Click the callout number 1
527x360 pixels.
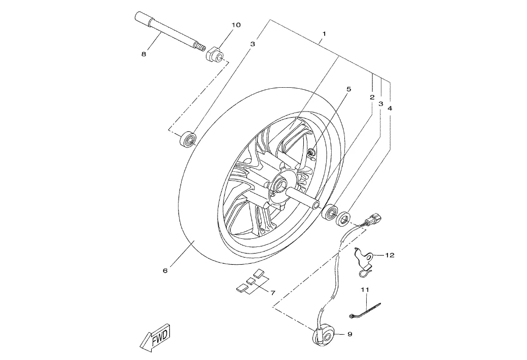coord(324,33)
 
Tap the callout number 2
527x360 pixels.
coord(372,97)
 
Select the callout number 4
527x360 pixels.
coord(390,108)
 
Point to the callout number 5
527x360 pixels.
coord(348,89)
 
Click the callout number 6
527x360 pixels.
coord(165,271)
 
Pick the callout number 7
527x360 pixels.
coord(272,293)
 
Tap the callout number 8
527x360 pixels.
coord(144,54)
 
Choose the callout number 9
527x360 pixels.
coord(349,334)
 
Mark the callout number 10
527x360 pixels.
coord(236,25)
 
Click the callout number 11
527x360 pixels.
coord(365,289)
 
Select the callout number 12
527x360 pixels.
coord(390,255)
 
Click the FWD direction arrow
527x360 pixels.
coord(156,337)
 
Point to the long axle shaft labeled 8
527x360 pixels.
coord(170,31)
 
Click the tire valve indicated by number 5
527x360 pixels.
coord(311,153)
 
